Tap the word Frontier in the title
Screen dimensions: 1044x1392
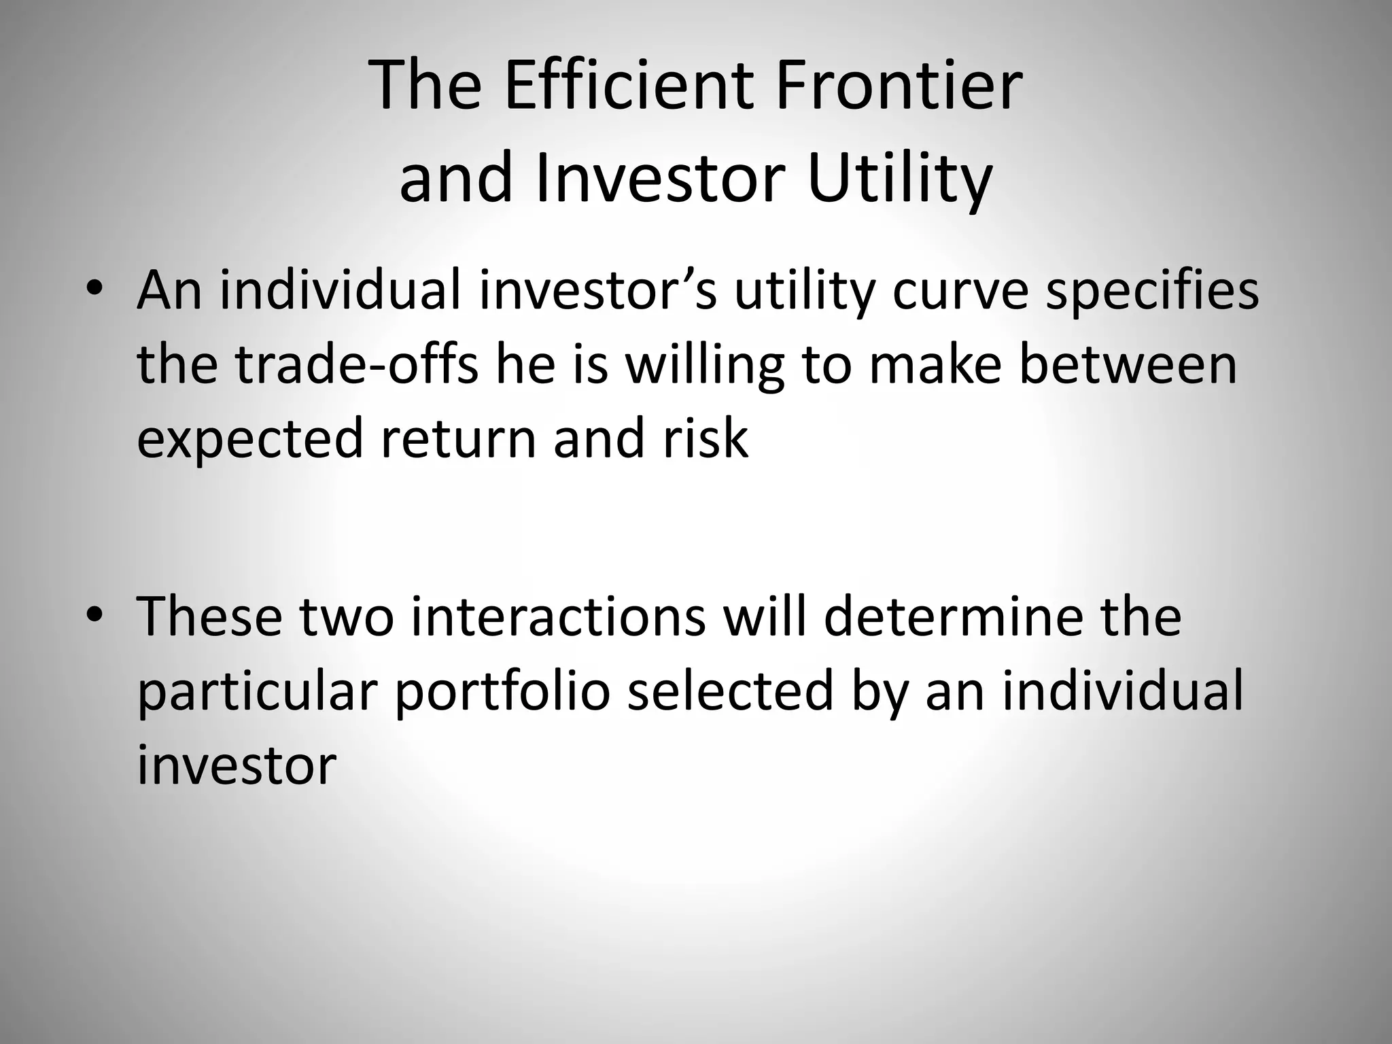[899, 86]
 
